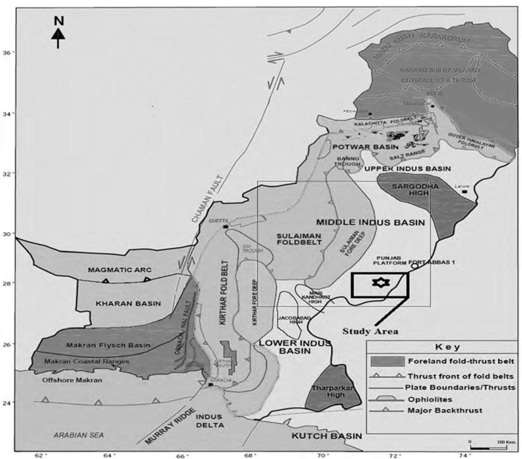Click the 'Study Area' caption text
point(370,331)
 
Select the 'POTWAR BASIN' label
point(366,147)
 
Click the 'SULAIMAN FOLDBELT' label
point(299,239)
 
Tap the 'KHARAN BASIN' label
point(128,304)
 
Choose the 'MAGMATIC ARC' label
point(120,270)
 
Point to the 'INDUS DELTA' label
point(209,421)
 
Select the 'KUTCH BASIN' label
point(327,436)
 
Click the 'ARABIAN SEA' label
point(79,435)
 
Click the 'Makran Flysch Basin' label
point(108,345)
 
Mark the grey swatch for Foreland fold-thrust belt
point(388,362)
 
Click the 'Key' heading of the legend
point(447,347)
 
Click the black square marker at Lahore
point(464,192)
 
